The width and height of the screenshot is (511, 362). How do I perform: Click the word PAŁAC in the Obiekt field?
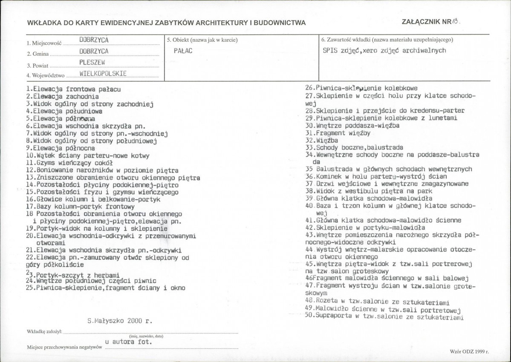183,50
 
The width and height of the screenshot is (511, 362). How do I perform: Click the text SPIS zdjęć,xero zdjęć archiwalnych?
384,50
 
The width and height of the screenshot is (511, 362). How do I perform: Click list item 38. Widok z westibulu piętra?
369,191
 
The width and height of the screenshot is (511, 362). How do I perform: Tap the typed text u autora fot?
127,342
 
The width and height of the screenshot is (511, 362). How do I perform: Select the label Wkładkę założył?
45,330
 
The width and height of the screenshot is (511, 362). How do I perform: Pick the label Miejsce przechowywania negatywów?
64,347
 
